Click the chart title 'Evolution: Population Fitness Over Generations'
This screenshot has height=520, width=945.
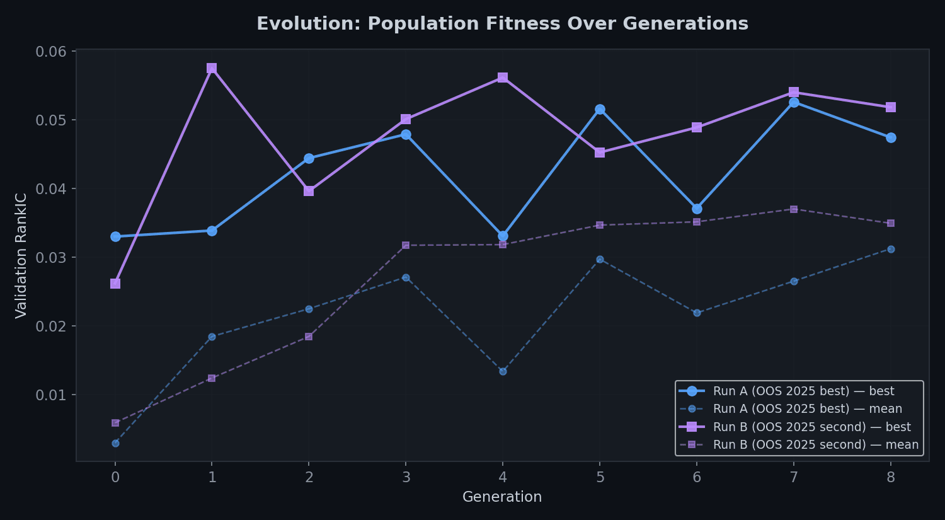coord(502,24)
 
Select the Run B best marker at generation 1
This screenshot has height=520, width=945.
coord(212,68)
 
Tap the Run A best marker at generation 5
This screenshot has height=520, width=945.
coord(600,110)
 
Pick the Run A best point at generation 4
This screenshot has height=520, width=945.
coord(503,236)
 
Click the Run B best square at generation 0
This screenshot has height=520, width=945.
coord(115,284)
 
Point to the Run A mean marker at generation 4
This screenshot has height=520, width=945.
coord(503,371)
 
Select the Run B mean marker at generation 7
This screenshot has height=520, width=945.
coord(794,209)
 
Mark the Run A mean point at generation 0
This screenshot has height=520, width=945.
coord(115,443)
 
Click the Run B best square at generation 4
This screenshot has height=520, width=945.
coord(503,78)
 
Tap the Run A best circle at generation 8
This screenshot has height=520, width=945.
coord(891,138)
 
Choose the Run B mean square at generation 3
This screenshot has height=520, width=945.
coord(406,245)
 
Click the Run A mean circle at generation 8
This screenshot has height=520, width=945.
coord(891,249)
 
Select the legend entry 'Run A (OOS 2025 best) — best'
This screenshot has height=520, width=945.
coord(803,391)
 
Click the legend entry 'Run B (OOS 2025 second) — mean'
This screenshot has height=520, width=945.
coord(815,445)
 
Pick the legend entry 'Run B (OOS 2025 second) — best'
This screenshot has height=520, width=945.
coord(811,427)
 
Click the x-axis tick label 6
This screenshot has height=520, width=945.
coord(697,478)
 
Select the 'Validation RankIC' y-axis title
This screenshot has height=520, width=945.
coord(21,255)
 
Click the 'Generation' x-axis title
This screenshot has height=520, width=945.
coord(502,497)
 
